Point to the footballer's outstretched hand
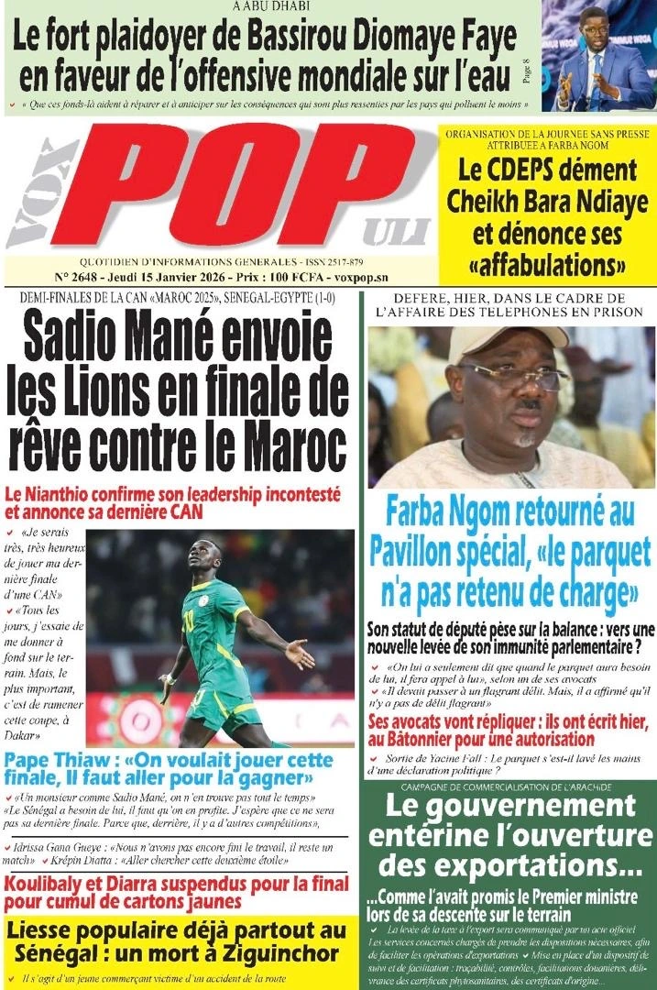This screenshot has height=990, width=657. tap(298, 654)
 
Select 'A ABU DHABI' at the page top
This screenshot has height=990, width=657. tap(271, 6)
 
